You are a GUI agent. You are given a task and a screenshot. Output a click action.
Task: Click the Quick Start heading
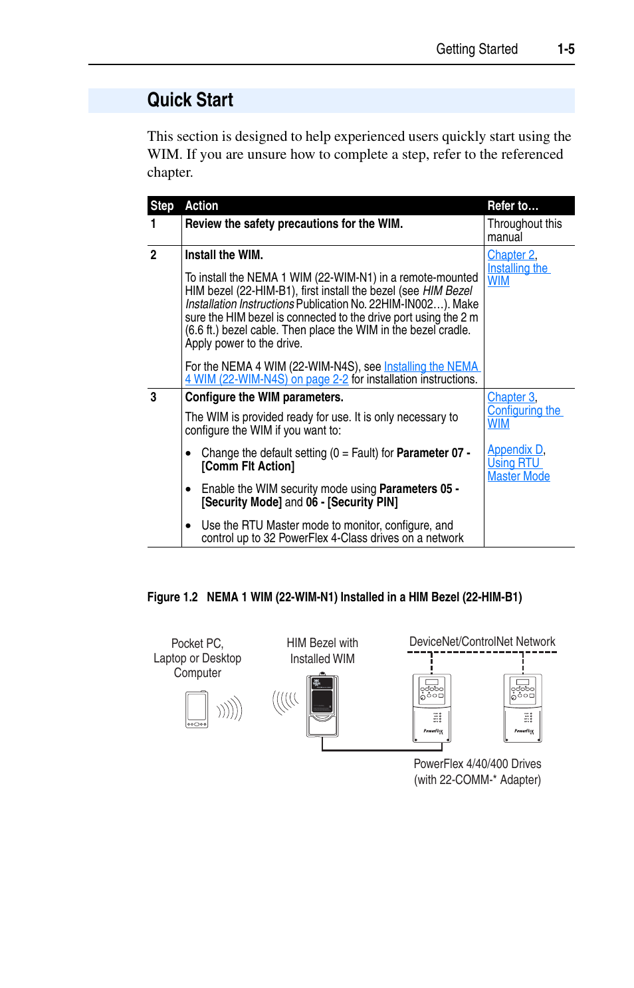(190, 100)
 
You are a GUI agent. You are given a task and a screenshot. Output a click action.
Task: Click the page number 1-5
(566, 49)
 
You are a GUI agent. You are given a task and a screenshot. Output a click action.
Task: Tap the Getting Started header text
(476, 49)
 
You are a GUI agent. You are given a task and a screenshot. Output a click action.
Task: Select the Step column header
(162, 206)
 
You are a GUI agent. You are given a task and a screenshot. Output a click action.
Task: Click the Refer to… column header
(512, 206)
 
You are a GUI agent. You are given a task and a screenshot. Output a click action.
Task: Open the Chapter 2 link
(510, 255)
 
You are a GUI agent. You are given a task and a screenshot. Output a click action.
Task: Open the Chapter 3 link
(510, 397)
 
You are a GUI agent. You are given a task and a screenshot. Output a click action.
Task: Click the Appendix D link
(515, 450)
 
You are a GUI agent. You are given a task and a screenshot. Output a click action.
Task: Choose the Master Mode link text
(518, 476)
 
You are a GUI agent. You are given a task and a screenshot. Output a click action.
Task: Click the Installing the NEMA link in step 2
(431, 367)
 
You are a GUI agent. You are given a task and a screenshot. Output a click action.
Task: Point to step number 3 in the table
(154, 397)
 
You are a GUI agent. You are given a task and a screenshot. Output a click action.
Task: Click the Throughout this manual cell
(524, 230)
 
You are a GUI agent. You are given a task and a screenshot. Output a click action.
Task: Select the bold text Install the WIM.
(224, 255)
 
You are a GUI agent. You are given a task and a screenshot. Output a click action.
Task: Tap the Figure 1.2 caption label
(172, 597)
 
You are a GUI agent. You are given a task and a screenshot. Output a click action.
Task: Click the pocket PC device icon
(197, 710)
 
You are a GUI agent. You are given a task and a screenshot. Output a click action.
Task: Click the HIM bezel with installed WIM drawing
(322, 706)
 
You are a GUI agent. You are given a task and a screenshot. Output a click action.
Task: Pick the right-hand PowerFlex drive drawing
(523, 708)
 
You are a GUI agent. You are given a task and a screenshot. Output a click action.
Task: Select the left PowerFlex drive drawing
(432, 708)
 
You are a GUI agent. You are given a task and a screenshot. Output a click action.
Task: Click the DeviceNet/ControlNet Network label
(482, 642)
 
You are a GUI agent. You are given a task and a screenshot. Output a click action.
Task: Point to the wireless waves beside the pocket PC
(230, 710)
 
